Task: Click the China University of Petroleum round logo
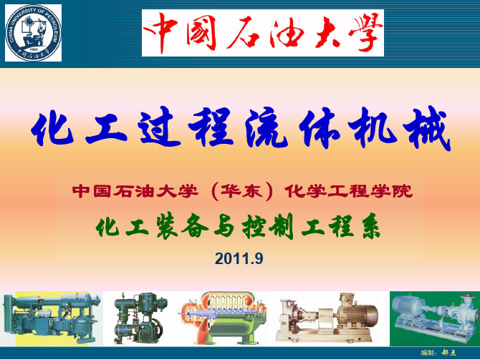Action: pyautogui.click(x=33, y=33)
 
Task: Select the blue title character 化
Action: pyautogui.click(x=52, y=129)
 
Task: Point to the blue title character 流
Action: pyautogui.click(x=266, y=127)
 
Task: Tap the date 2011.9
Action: pyautogui.click(x=239, y=258)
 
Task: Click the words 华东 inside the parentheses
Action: pyautogui.click(x=242, y=192)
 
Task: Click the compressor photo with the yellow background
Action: pyautogui.click(x=52, y=318)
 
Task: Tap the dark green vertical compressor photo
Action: pyautogui.click(x=140, y=318)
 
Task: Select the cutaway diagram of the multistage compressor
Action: pyautogui.click(x=223, y=318)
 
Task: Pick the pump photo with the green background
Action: pyautogui.click(x=435, y=318)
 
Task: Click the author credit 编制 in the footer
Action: pyautogui.click(x=428, y=353)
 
